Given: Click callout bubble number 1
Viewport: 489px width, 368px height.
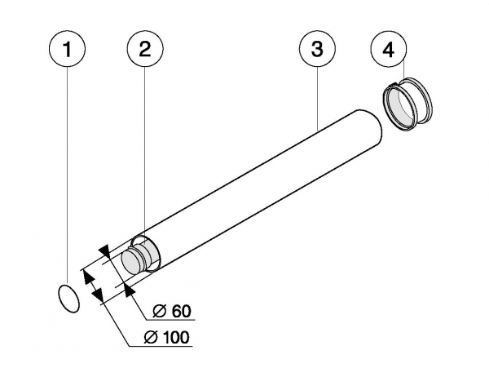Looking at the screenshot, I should click(69, 50).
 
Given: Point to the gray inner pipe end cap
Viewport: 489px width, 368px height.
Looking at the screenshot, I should click(130, 264).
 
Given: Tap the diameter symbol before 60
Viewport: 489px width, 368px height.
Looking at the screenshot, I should click(161, 311).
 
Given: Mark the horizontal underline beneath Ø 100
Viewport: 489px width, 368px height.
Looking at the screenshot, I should click(163, 348).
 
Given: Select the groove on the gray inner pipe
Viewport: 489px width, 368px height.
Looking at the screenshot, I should click(143, 256).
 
